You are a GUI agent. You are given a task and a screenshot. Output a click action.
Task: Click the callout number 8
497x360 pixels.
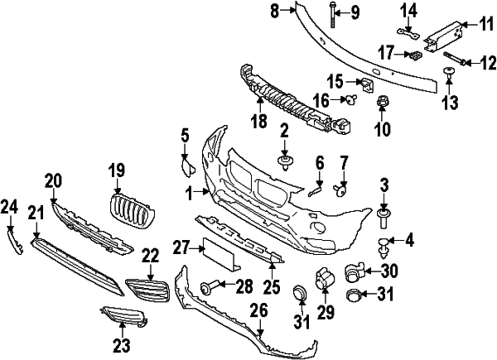275,10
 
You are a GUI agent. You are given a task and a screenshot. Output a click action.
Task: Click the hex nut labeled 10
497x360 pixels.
383,104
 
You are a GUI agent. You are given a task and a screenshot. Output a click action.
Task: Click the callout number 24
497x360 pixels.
9,207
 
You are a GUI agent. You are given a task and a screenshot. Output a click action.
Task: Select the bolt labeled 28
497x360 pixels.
210,287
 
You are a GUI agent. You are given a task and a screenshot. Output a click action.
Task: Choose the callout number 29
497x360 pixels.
324,310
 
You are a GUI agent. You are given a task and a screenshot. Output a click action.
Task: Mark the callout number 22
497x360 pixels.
150,257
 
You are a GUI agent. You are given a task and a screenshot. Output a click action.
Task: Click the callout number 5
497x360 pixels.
186,134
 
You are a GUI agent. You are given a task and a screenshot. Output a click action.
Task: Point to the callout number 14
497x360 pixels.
408,10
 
